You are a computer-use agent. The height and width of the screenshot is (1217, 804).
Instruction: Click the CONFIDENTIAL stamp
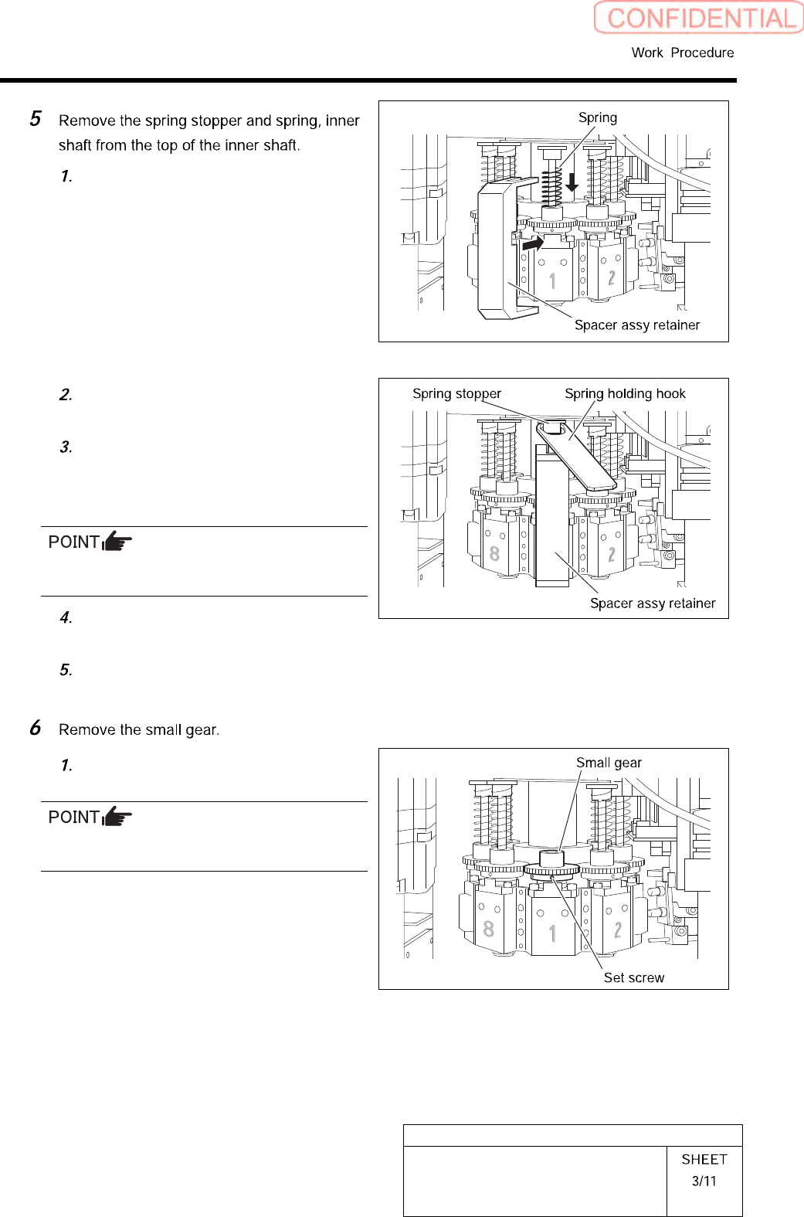click(x=698, y=18)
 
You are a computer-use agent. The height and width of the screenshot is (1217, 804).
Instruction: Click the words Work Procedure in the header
click(x=682, y=53)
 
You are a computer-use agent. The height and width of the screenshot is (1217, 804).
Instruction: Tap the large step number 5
click(x=36, y=119)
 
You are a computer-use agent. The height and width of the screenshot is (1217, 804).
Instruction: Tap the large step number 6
click(x=36, y=728)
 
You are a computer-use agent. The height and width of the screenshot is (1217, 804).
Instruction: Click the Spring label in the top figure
click(x=598, y=117)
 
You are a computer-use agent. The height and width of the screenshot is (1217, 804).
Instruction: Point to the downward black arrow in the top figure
click(x=572, y=182)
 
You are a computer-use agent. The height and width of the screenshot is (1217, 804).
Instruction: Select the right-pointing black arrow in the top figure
click(x=533, y=243)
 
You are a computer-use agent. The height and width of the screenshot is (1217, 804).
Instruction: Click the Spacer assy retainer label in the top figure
click(x=637, y=325)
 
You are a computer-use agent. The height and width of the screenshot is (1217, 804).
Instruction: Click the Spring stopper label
click(x=456, y=393)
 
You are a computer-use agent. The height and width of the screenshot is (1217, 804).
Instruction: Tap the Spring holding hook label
click(x=625, y=393)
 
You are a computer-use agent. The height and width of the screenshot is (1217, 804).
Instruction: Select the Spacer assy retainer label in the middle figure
click(x=653, y=603)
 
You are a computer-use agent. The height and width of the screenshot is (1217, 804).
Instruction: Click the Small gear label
click(x=609, y=763)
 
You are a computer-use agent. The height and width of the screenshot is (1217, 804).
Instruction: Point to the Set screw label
click(x=633, y=977)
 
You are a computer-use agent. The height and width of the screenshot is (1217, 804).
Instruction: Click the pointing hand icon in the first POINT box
click(x=117, y=541)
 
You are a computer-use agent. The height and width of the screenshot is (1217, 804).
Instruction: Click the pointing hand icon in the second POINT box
click(x=117, y=816)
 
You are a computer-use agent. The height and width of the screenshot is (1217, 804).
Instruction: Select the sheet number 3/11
click(x=704, y=1181)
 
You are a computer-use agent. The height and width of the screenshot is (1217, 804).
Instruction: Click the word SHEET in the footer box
click(x=704, y=1159)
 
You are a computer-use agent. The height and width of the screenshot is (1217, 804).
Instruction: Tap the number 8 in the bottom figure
click(x=488, y=928)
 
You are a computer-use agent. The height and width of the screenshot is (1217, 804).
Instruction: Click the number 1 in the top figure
click(x=552, y=280)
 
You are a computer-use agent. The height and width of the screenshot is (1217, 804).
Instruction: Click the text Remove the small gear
click(x=139, y=729)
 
